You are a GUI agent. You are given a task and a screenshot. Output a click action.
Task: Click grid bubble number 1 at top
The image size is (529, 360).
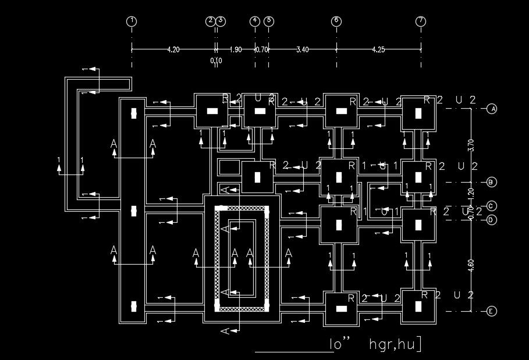point(132,22)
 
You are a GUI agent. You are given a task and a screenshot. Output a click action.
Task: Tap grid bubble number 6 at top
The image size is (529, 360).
point(336,22)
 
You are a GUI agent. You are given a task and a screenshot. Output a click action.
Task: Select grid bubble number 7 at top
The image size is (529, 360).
point(421,22)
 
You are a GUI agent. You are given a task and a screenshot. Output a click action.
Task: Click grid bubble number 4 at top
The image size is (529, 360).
point(255,22)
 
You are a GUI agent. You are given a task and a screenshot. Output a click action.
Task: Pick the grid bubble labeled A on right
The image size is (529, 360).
point(492,109)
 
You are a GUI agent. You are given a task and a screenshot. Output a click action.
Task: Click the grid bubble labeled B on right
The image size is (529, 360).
point(492,182)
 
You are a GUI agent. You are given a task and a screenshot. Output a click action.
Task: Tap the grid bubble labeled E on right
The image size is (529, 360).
point(492,311)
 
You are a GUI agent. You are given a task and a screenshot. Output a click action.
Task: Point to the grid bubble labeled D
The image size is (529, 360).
point(492,220)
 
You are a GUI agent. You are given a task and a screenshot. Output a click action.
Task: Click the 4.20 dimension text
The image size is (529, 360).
point(173,50)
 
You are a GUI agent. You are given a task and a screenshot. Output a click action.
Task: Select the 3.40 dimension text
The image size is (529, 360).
point(302,50)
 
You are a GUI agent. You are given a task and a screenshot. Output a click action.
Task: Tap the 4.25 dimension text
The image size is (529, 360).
point(378,50)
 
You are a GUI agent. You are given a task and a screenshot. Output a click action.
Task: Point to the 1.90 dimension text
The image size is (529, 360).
point(236,50)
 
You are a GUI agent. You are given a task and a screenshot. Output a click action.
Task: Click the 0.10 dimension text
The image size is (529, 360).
point(216,60)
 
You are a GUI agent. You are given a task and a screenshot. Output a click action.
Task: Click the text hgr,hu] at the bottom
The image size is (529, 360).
point(395,345)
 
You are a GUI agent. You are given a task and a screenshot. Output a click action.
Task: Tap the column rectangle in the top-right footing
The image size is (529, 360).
point(418,114)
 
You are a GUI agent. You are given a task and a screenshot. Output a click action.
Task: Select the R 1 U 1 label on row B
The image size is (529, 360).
point(372,166)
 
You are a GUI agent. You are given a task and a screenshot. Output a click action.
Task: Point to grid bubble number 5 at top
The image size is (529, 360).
point(268,22)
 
